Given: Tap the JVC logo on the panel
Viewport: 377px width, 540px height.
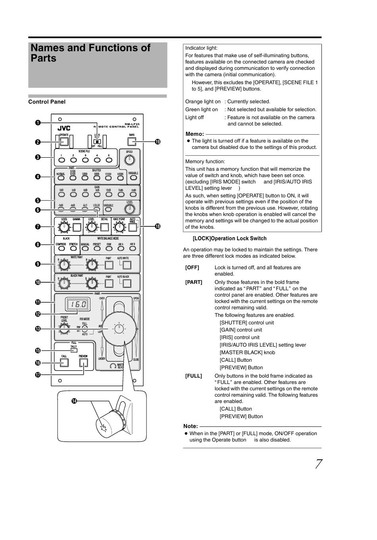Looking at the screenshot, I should tap(63, 128).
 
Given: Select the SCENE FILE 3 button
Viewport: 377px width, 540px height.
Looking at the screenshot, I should tap(85, 160).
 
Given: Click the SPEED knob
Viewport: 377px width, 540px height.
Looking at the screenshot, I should tap(129, 160).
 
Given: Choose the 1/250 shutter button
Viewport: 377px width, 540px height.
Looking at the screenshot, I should tap(85, 178).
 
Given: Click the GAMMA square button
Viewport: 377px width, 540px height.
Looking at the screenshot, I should tap(77, 227).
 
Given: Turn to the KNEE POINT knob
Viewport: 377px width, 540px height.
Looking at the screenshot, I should tap(119, 227).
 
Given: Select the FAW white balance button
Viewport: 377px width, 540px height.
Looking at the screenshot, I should tap(109, 249).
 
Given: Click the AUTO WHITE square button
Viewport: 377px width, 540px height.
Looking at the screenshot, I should tap(127, 265).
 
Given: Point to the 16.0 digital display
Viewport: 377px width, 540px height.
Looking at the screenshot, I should tap(78, 305).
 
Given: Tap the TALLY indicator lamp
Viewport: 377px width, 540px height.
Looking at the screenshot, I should tap(74, 350).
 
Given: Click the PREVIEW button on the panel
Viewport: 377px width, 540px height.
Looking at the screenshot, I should tap(83, 363).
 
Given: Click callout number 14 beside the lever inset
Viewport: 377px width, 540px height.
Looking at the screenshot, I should tap(74, 401).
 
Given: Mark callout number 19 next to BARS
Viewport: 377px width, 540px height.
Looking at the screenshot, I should tap(158, 142).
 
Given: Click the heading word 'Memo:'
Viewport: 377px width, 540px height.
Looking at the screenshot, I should tap(194, 134).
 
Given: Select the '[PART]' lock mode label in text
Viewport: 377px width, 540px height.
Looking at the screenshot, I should tap(194, 282).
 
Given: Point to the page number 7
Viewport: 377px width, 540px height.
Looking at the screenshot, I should tap(318, 464).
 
